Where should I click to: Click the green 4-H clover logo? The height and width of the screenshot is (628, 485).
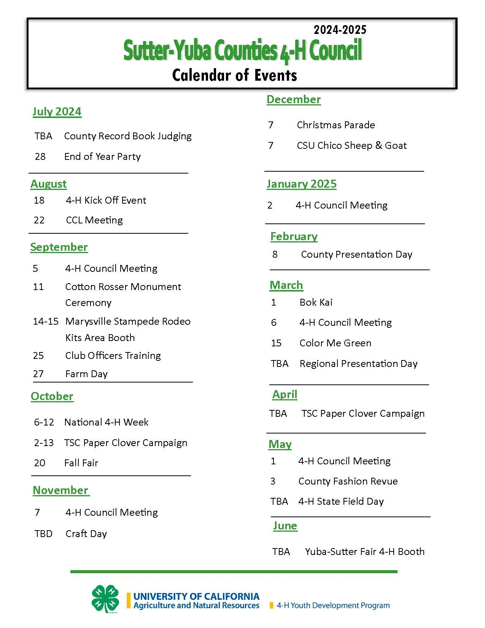[x=105, y=599]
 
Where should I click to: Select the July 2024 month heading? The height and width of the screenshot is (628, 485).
[x=57, y=112]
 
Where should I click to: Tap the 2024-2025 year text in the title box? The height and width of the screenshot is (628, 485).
[x=340, y=30]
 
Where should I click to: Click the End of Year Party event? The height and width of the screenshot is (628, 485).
[x=102, y=156]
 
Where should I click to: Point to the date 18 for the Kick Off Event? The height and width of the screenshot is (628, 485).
[x=39, y=200]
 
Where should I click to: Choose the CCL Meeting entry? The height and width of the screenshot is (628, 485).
[x=94, y=220]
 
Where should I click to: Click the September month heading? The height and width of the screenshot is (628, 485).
[x=59, y=247]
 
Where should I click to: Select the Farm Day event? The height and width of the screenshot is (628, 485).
[x=86, y=374]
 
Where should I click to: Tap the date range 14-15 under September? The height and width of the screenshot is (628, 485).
[x=46, y=321]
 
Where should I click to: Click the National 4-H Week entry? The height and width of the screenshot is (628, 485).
[x=106, y=422]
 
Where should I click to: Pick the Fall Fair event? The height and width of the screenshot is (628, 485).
[x=81, y=463]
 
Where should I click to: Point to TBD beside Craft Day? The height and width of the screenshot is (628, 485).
[x=43, y=534]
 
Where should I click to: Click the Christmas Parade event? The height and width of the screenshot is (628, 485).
[x=336, y=125]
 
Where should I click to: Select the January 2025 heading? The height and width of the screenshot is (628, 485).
[x=302, y=184]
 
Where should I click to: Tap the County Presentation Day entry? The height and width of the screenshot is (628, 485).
[x=356, y=254]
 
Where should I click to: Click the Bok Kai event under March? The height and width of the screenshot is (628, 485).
[x=316, y=302]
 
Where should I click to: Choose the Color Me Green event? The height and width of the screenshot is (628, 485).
[x=335, y=343]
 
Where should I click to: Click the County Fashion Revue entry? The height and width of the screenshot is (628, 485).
[x=348, y=481]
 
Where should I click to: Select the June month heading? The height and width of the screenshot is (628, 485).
[x=285, y=526]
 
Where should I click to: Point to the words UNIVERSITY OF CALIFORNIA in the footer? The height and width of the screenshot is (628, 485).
[x=196, y=596]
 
